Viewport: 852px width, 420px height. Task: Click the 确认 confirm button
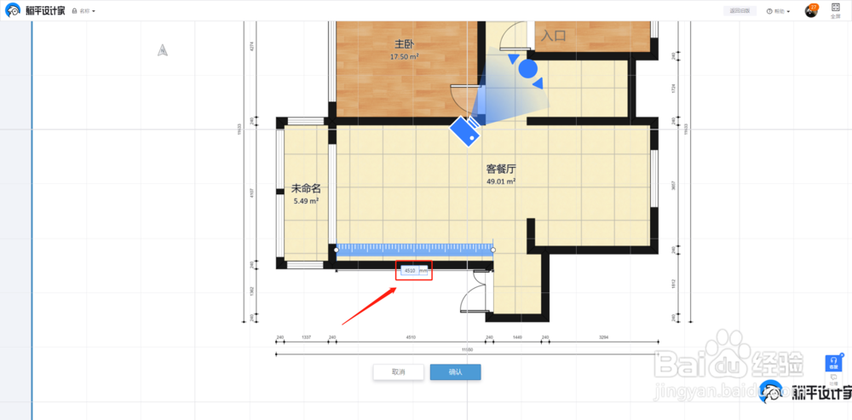pyautogui.click(x=455, y=372)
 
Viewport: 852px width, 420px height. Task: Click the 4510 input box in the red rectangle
pyautogui.click(x=411, y=271)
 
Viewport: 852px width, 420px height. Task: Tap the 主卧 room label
pyautogui.click(x=405, y=43)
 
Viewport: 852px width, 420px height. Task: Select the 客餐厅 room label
pyautogui.click(x=500, y=169)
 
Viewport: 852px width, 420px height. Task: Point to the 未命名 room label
pyautogui.click(x=305, y=188)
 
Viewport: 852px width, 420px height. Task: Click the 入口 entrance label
pyautogui.click(x=554, y=35)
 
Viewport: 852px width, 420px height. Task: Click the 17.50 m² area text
pyautogui.click(x=405, y=57)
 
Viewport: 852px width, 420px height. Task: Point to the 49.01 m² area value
pyautogui.click(x=501, y=181)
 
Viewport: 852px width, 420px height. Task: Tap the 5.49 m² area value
pyautogui.click(x=305, y=201)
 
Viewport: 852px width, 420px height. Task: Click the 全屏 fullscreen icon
pyautogui.click(x=835, y=10)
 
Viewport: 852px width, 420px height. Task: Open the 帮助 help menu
pyautogui.click(x=779, y=11)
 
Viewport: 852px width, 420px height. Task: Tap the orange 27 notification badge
pyautogui.click(x=815, y=7)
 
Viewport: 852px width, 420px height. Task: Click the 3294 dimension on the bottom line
pyautogui.click(x=603, y=337)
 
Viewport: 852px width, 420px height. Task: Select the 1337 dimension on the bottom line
pyautogui.click(x=307, y=337)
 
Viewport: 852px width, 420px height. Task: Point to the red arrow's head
pyautogui.click(x=396, y=287)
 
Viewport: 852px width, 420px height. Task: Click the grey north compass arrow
pyautogui.click(x=162, y=50)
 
